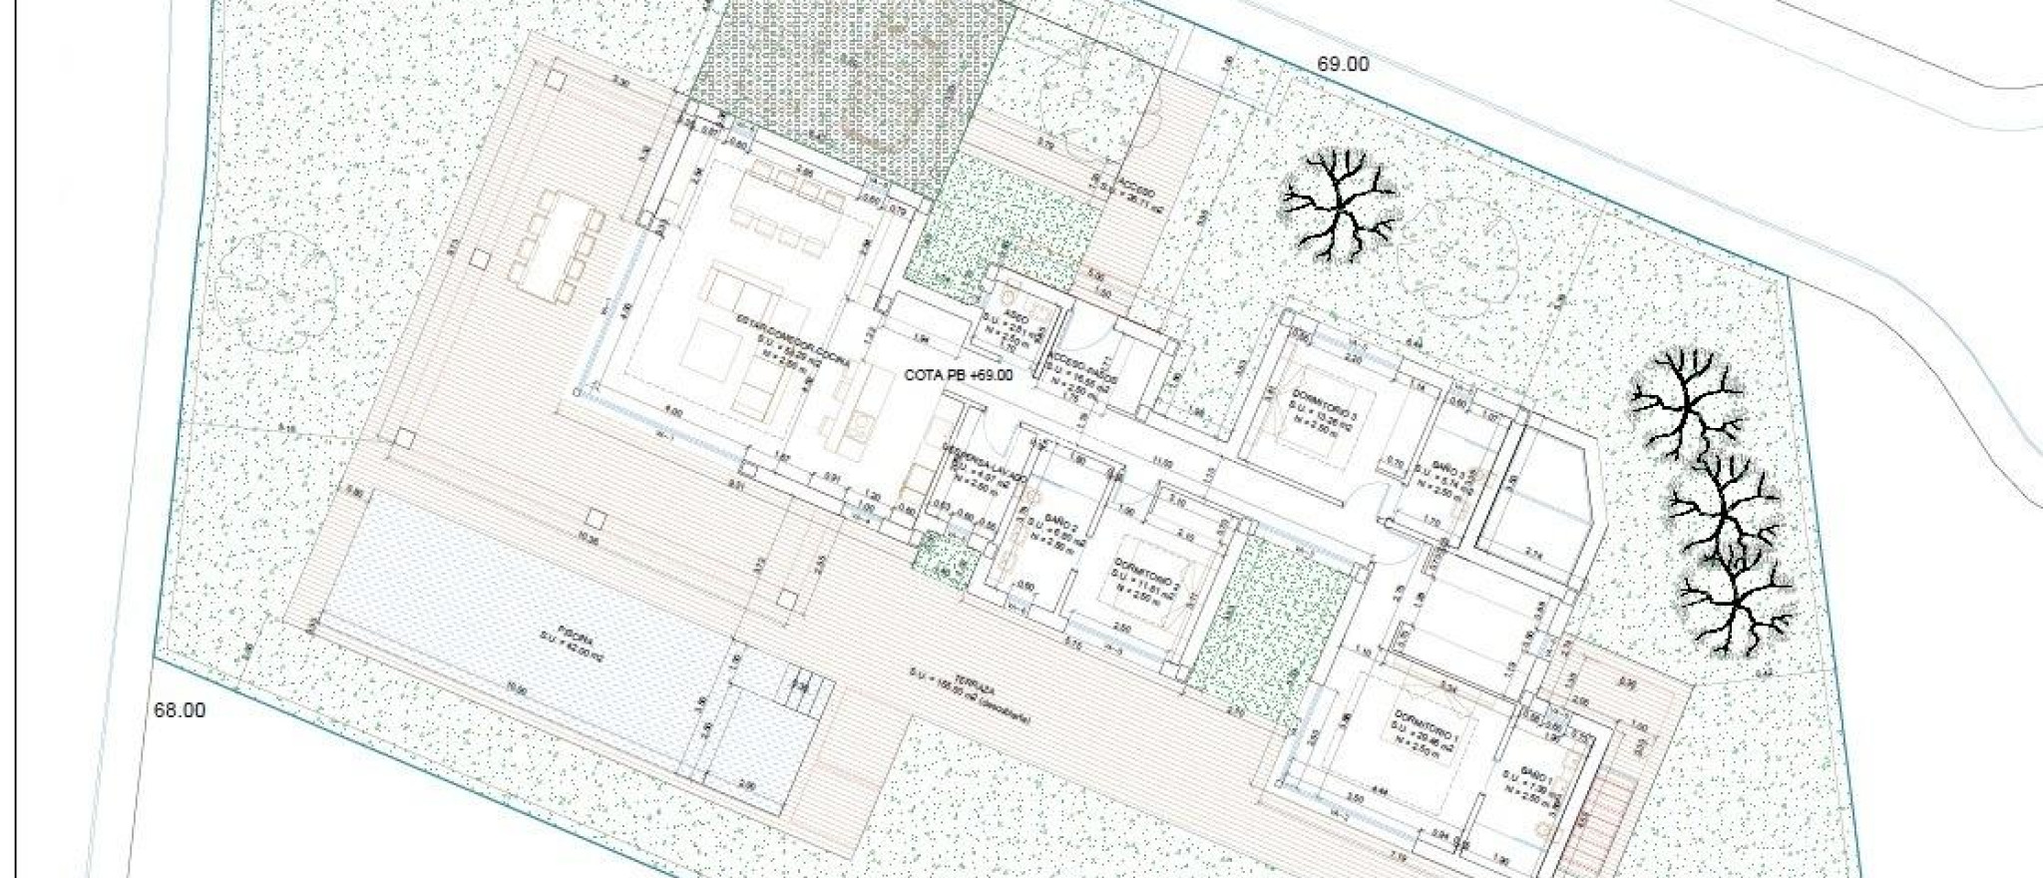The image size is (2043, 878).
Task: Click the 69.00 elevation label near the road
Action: coord(1343,64)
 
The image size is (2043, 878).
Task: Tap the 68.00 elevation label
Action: coord(180,710)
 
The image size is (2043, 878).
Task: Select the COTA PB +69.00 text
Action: coord(958,375)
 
